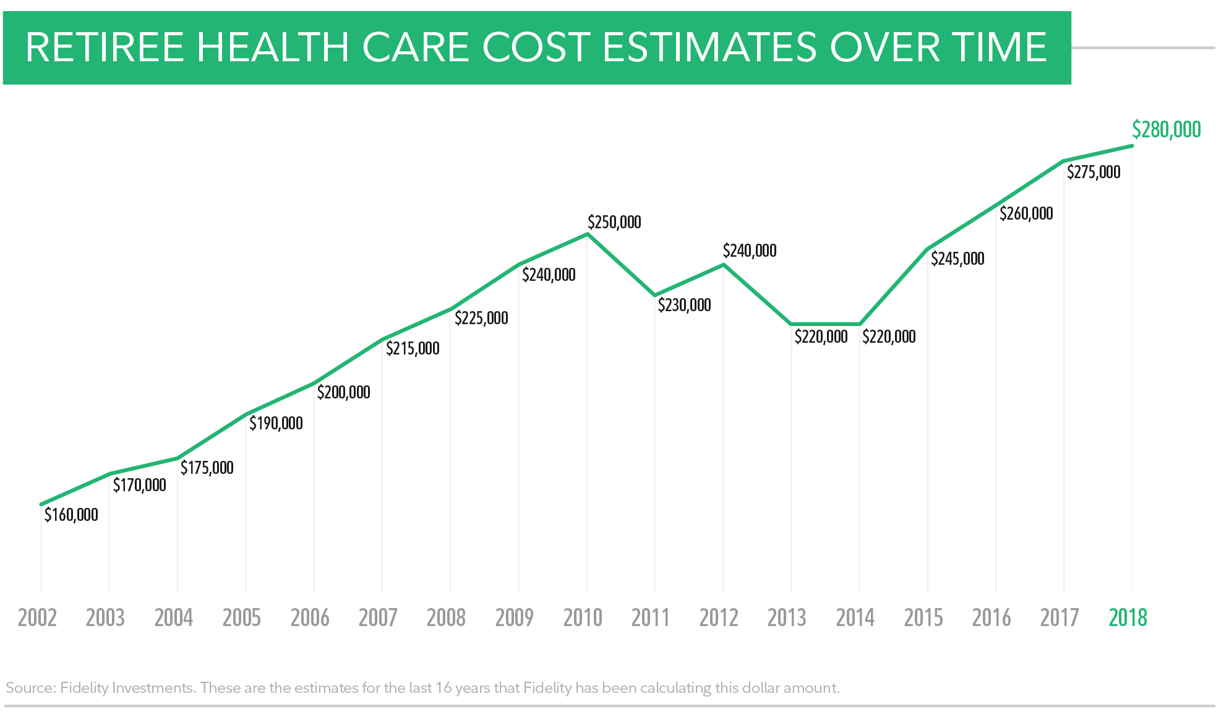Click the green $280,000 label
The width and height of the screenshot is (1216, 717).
(1166, 130)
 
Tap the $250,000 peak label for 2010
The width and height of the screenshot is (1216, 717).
(614, 222)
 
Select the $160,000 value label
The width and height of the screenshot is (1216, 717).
(71, 515)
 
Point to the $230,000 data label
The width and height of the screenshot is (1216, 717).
(684, 305)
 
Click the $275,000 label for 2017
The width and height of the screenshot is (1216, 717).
(1094, 172)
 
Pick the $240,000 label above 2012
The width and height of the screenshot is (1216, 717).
(750, 251)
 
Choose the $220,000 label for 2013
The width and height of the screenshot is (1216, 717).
(821, 337)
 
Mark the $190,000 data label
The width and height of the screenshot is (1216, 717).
(276, 423)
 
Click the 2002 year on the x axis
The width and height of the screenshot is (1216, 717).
(37, 617)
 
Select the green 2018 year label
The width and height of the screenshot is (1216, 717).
(1128, 617)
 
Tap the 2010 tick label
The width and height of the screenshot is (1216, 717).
(583, 617)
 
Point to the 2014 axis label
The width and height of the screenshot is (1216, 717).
(855, 617)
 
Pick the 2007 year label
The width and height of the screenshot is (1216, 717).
(378, 617)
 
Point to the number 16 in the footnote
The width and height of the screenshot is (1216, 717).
(443, 688)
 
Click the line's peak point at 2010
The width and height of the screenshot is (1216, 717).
(587, 234)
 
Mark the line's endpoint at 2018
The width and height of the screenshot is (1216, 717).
(1132, 146)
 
